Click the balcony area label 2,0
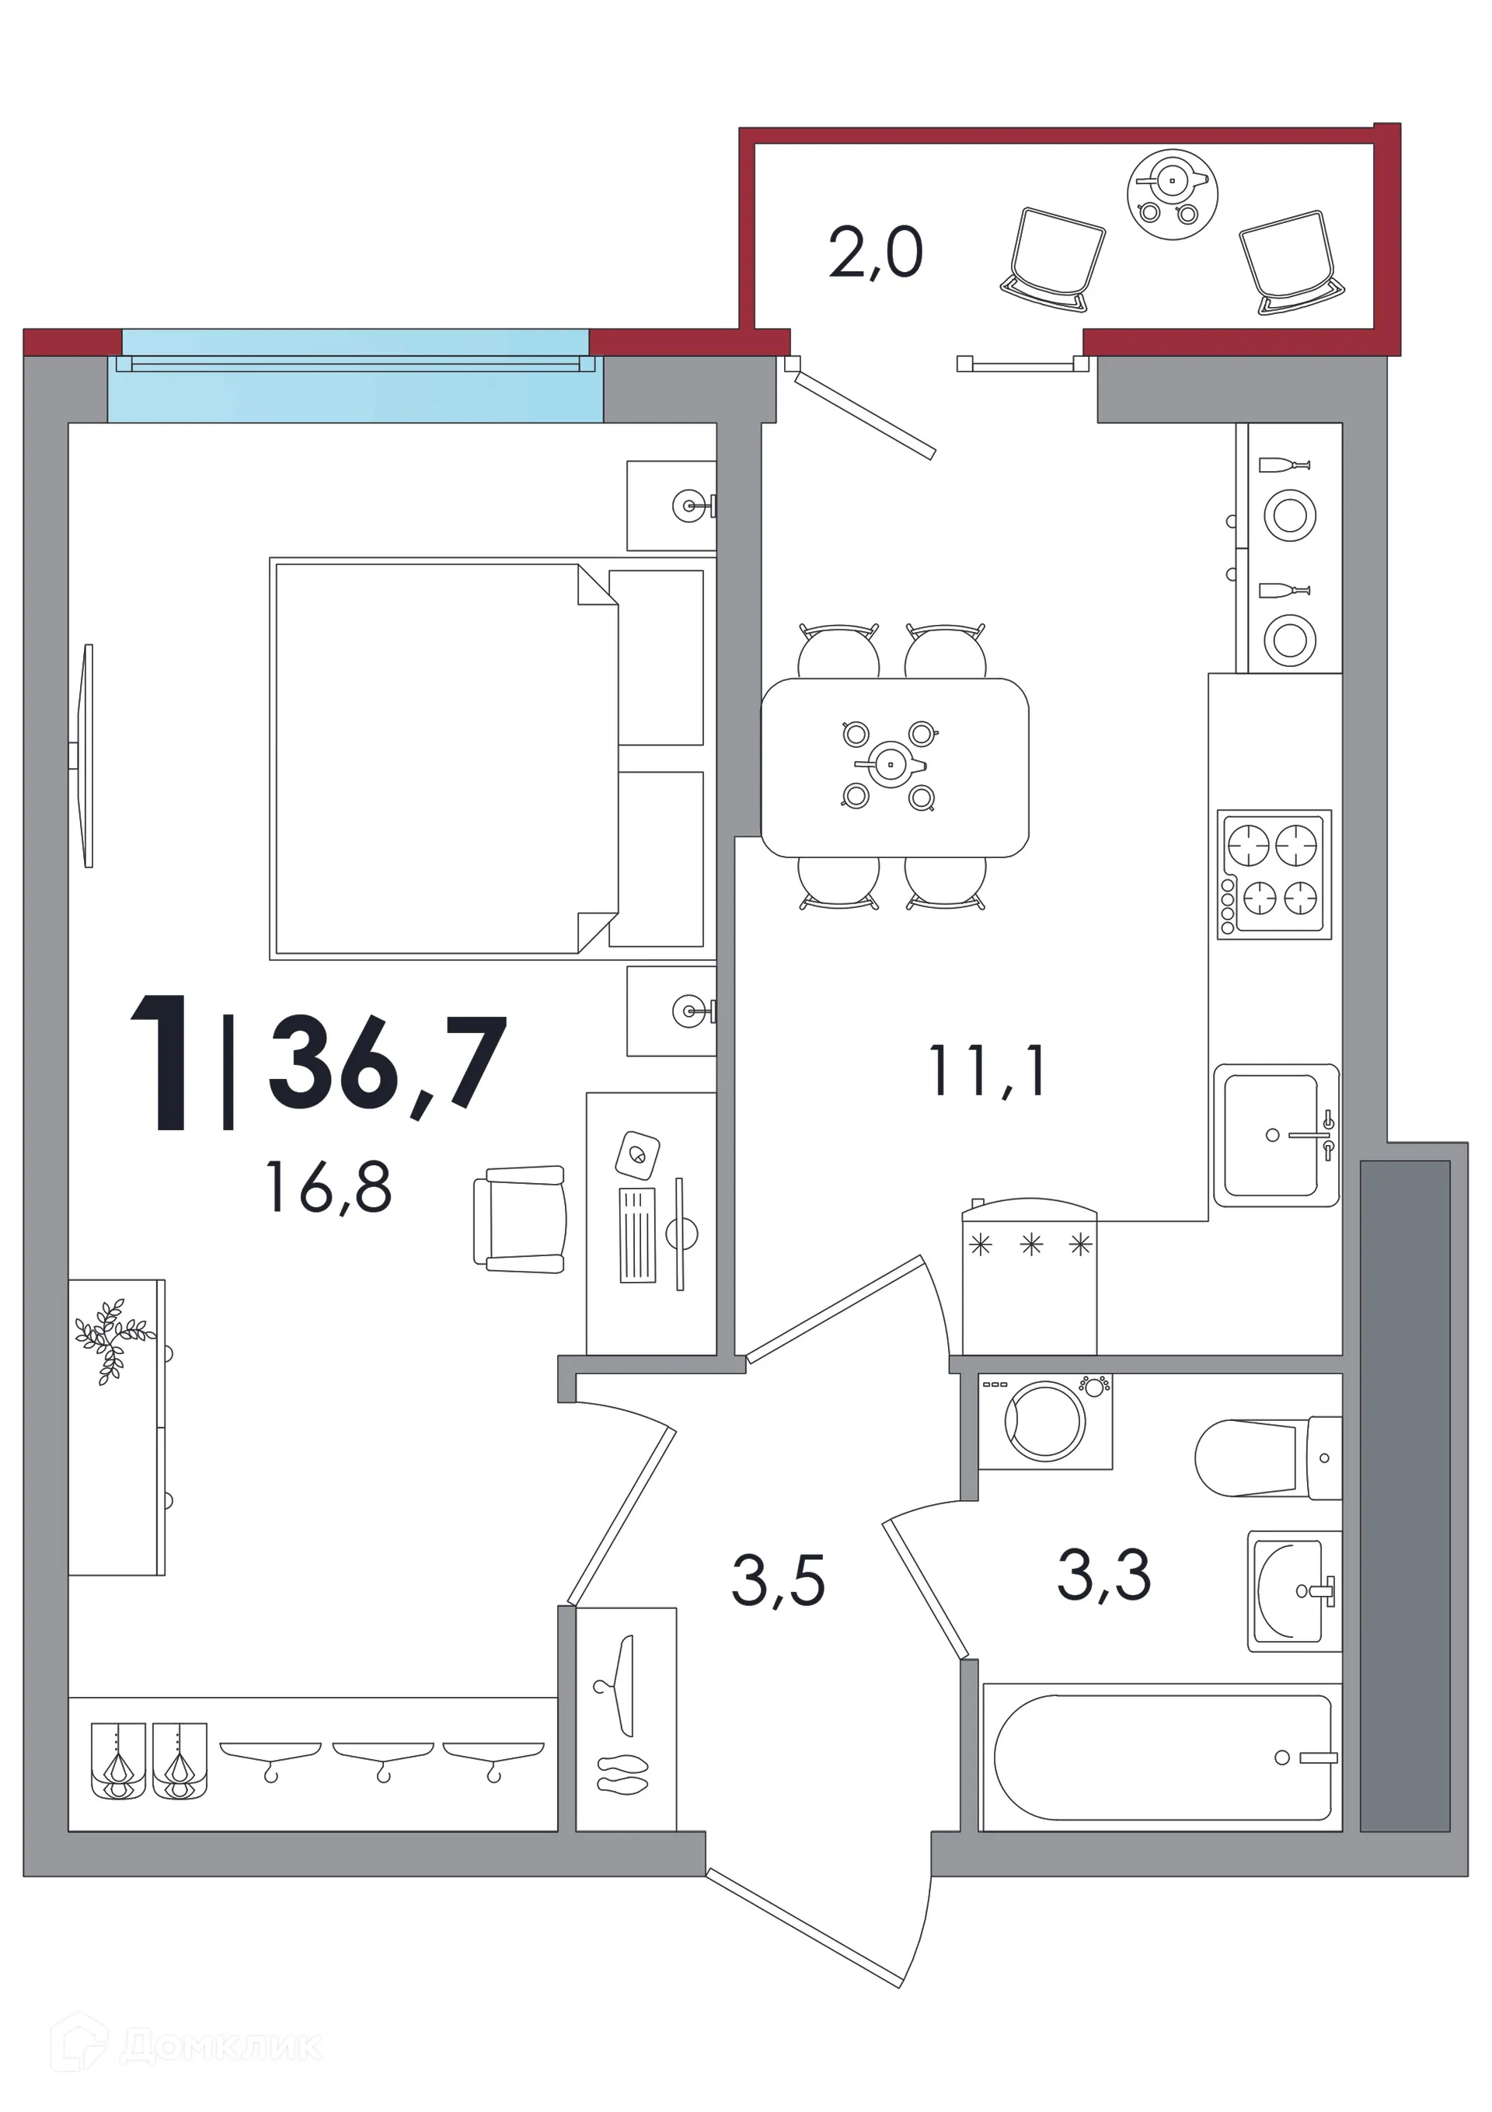[x=875, y=253]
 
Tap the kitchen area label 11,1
[x=986, y=1070]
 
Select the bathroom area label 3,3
[x=1103, y=1575]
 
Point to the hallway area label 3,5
[x=778, y=1580]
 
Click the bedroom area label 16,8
[x=329, y=1187]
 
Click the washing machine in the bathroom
[x=1045, y=1422]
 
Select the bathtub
[x=1163, y=1758]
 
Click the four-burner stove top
[x=1274, y=874]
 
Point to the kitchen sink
[x=1276, y=1135]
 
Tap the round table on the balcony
[x=1173, y=194]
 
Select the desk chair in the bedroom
[x=520, y=1220]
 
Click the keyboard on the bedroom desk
[x=636, y=1234]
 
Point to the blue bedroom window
[x=355, y=375]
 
